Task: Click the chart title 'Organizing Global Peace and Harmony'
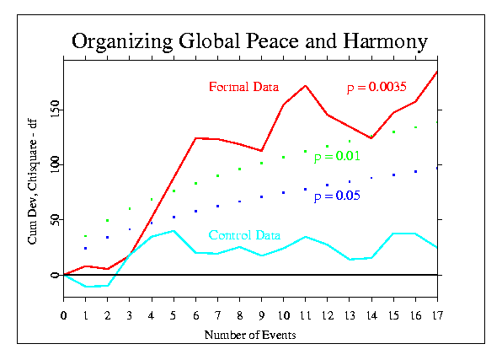249,41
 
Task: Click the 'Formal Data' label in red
243,86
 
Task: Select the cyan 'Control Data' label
244,235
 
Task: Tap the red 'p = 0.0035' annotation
377,87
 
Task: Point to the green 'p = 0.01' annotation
337,156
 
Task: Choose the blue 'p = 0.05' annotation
337,196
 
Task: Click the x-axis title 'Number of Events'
249,335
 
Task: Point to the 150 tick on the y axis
55,109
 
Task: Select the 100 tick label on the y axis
55,164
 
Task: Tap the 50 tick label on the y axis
55,219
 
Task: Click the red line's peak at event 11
305,85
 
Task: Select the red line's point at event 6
195,137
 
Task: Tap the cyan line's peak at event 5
174,230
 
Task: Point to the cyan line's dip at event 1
86,287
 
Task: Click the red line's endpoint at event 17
436,72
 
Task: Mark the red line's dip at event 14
371,138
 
